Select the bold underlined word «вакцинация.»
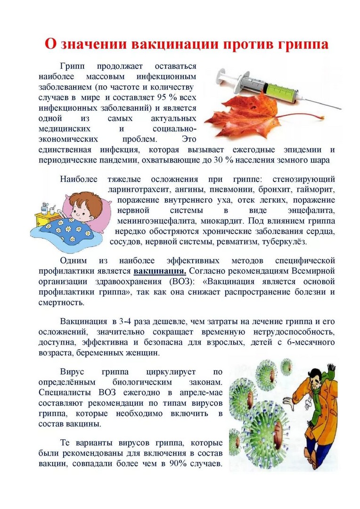160,271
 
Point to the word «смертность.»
61,303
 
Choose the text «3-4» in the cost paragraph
125,322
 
